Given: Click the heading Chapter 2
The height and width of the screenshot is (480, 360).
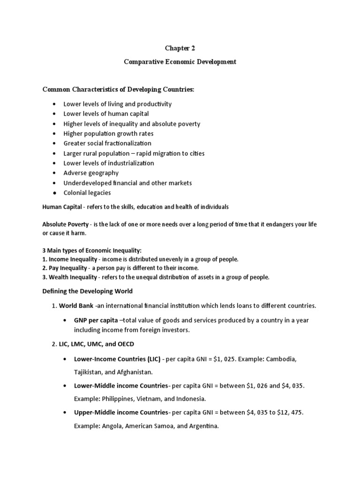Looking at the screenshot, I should [x=180, y=48].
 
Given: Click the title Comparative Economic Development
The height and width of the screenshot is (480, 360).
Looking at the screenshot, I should [x=180, y=62].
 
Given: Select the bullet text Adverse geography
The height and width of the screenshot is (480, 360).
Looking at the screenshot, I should [x=91, y=173].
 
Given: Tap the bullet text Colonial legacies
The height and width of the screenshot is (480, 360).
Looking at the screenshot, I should [x=87, y=193].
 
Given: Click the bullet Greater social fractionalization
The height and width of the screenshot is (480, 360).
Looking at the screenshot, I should [x=107, y=143].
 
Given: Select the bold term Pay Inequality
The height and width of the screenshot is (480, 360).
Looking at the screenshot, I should [x=67, y=268].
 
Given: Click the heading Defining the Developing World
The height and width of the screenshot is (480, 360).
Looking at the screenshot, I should [x=88, y=291].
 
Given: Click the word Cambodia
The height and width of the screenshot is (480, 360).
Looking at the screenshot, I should [x=281, y=359].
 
